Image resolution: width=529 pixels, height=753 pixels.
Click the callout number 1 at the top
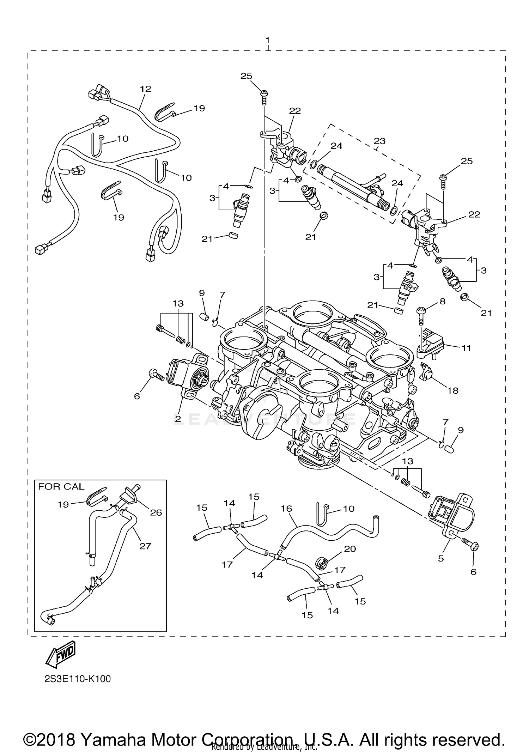268,39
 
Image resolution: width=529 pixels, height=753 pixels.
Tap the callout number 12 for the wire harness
145,89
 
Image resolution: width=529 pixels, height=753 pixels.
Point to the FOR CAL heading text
61,487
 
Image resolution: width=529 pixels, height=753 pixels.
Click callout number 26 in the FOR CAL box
156,512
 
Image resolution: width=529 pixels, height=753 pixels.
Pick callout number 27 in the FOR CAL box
145,546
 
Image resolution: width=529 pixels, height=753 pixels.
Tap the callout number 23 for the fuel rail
379,141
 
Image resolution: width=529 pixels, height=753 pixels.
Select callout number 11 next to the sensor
466,348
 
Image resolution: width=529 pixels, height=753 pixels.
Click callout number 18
453,390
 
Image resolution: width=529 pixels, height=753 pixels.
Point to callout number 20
350,549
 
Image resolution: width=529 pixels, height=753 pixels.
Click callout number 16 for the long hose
287,509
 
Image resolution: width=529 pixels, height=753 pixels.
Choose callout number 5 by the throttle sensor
441,559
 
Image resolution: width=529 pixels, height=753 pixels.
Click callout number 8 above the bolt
442,301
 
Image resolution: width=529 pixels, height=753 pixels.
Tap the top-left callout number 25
247,76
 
